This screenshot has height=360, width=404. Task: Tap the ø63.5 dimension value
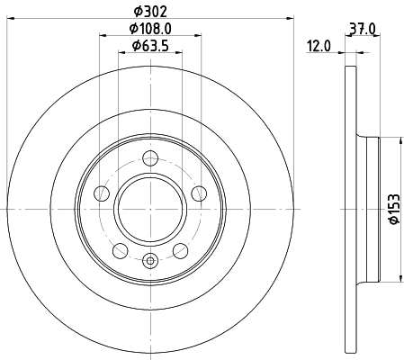pos(150,46)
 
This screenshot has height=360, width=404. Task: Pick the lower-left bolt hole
pos(121,249)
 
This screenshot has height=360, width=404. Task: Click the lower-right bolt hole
pos(180,249)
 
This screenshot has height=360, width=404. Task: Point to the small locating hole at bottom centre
pos(150,261)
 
